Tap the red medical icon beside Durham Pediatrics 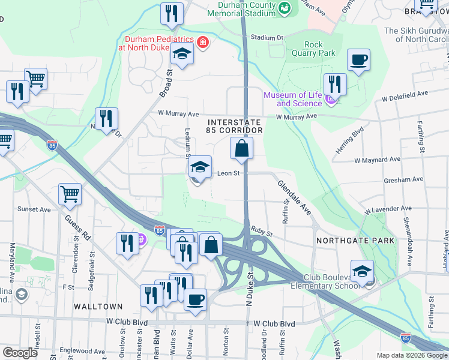[203, 43]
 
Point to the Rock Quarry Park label [319, 49]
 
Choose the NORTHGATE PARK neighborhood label [356, 241]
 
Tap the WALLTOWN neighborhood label [98, 307]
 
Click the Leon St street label [228, 173]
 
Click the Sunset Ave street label [34, 209]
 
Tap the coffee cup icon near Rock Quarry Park [359, 60]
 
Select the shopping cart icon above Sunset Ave [70, 194]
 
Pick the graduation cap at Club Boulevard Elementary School [363, 271]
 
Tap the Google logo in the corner [20, 353]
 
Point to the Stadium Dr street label [267, 37]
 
